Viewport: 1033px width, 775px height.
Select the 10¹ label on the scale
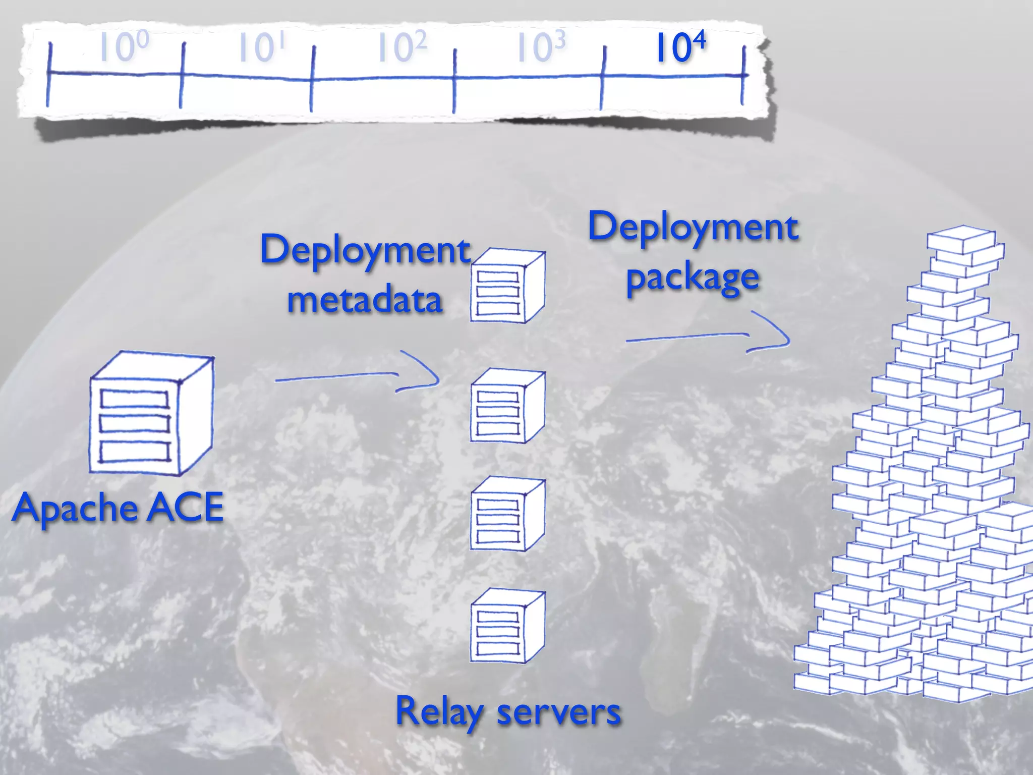[x=261, y=47]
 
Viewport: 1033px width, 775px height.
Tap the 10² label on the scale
[x=402, y=47]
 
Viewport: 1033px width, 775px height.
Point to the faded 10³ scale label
[x=541, y=47]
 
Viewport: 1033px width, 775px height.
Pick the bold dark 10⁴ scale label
[x=680, y=47]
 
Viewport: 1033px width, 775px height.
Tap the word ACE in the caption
[x=185, y=508]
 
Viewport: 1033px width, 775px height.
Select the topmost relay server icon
[x=507, y=286]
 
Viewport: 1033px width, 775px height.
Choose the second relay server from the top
[x=507, y=406]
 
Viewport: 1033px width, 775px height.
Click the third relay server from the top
[x=507, y=515]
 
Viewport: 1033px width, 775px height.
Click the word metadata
[x=365, y=300]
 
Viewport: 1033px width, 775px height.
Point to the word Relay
[x=439, y=711]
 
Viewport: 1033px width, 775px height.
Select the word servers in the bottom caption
[x=558, y=712]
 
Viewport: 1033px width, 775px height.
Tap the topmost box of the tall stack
[x=961, y=240]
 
